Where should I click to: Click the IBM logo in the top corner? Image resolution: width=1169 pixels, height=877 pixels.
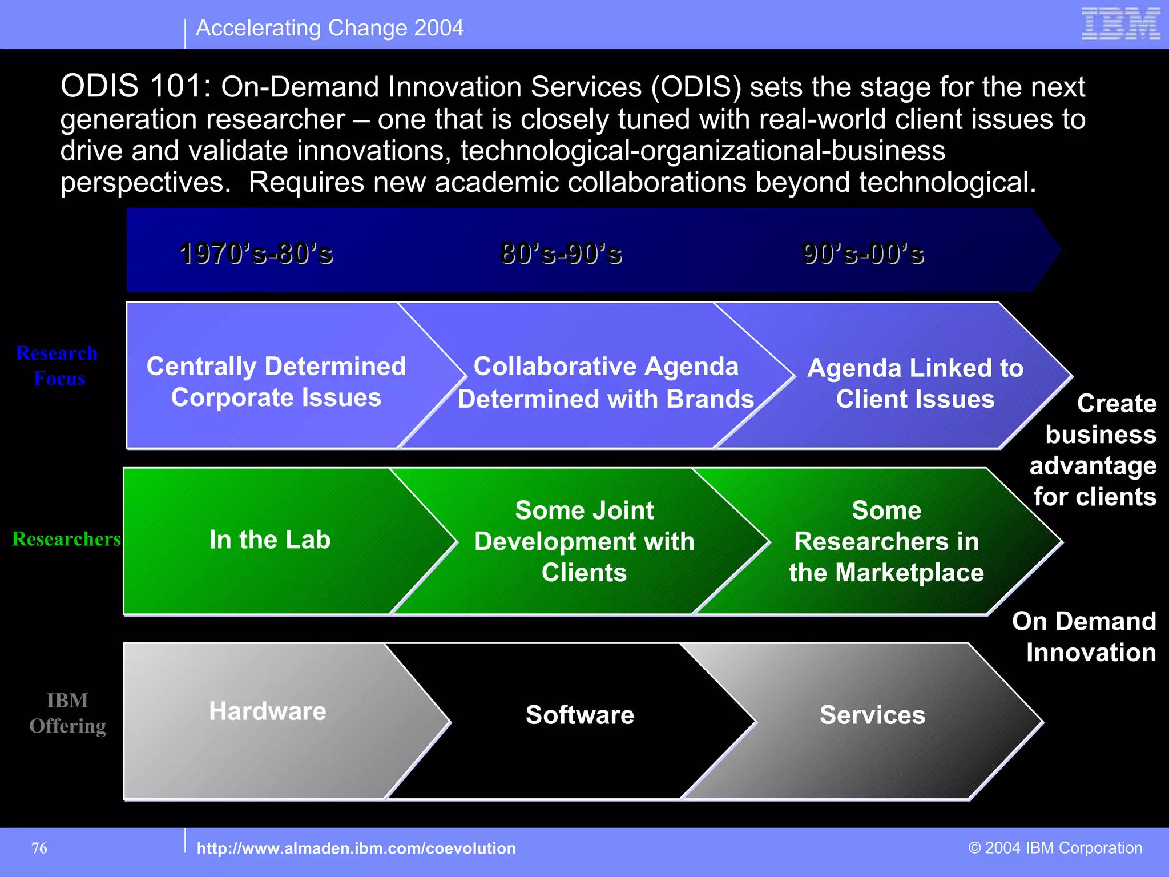(x=1120, y=24)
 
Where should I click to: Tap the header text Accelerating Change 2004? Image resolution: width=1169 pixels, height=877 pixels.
(x=329, y=28)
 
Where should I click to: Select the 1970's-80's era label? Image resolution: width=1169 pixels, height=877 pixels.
(x=256, y=253)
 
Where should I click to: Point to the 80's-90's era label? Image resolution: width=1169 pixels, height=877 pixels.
(x=561, y=253)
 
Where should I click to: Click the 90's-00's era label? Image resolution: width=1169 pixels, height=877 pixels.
(x=862, y=253)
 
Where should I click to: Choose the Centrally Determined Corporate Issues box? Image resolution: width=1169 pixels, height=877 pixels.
(x=276, y=381)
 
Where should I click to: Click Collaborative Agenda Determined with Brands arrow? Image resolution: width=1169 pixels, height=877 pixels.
(x=606, y=383)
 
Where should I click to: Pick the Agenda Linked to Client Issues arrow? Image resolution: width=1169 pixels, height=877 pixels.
(x=915, y=383)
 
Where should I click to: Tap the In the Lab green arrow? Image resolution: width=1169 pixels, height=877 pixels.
(x=269, y=540)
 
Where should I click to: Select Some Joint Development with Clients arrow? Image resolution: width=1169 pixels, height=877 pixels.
(x=584, y=541)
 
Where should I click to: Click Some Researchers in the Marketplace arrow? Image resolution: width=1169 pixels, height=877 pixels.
(x=886, y=541)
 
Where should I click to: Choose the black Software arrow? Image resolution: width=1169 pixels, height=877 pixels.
(x=579, y=715)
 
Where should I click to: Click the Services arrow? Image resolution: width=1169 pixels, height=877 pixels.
(x=872, y=715)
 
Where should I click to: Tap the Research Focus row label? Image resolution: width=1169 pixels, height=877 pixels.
(x=58, y=366)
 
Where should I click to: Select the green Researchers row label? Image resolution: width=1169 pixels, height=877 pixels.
(x=66, y=539)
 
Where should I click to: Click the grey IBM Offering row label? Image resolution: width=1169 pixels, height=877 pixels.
(x=67, y=713)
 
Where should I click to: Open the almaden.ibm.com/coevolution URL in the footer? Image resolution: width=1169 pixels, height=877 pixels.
(x=356, y=848)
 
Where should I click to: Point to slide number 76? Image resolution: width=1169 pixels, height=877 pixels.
(x=39, y=848)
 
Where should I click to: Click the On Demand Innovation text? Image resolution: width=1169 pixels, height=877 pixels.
(x=1085, y=637)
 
